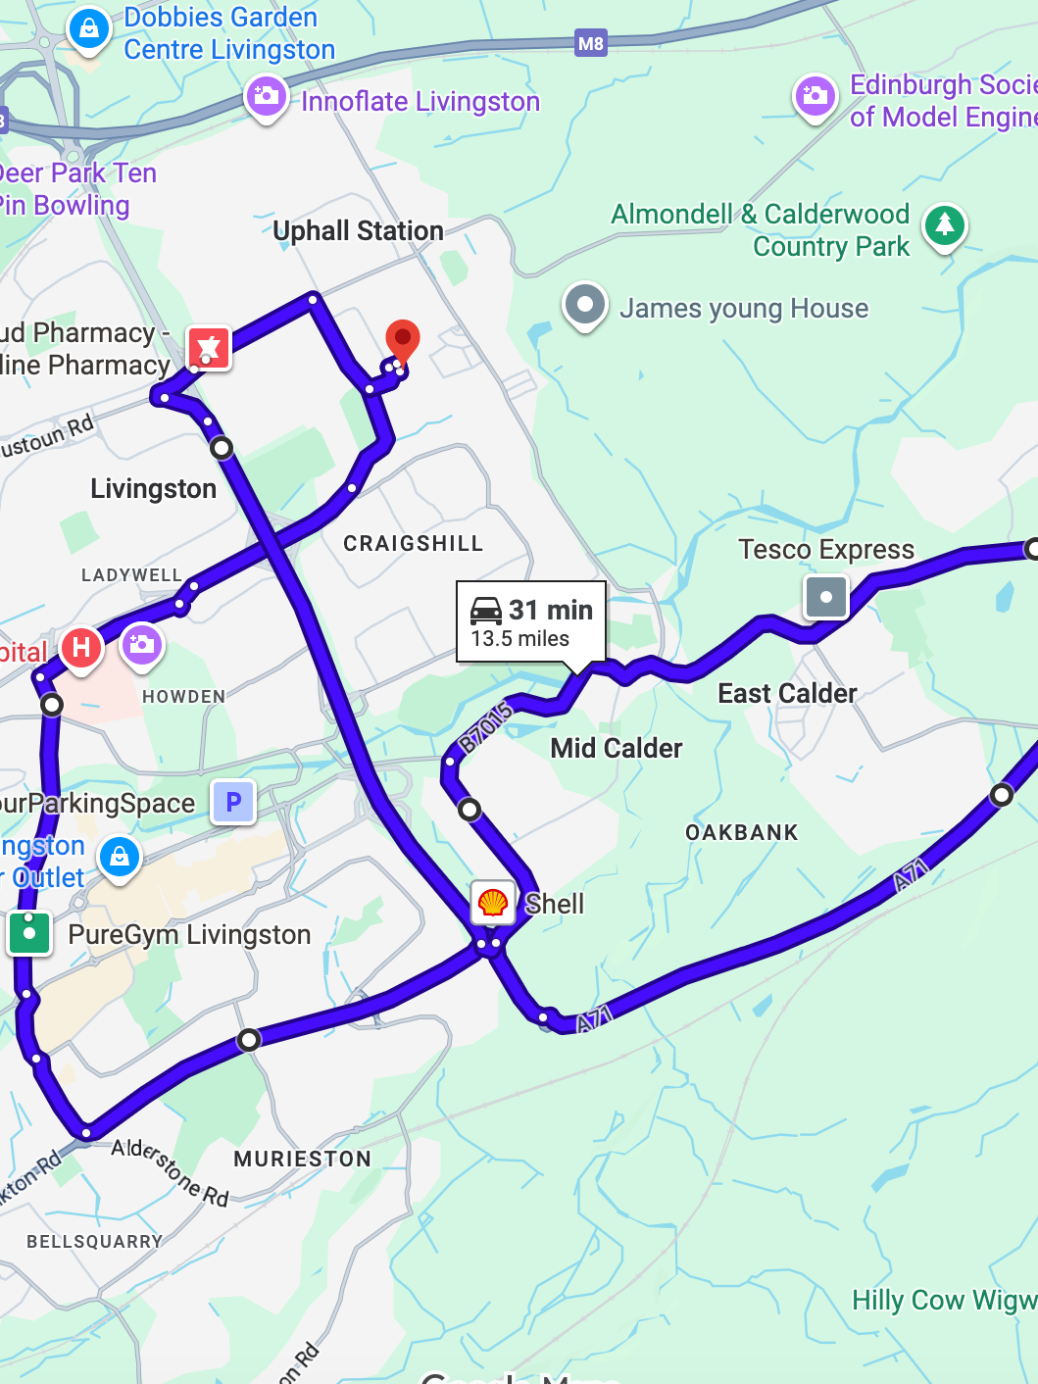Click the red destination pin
[x=402, y=340]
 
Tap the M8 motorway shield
[x=591, y=43]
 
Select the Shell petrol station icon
[x=493, y=902]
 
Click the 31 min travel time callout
[x=531, y=622]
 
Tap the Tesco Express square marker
[x=825, y=596]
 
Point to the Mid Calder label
[x=616, y=748]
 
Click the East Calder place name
[x=787, y=693]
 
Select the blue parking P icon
[x=233, y=802]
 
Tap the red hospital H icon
[x=81, y=647]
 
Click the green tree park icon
[x=945, y=225]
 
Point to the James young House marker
[x=585, y=305]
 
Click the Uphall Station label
[x=358, y=230]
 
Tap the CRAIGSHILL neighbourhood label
[x=413, y=543]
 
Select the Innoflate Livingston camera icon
[x=267, y=97]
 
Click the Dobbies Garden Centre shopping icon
[x=88, y=28]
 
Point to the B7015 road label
[x=486, y=726]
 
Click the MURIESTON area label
[x=302, y=1159]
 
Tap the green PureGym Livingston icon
[x=29, y=932]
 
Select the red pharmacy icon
[x=208, y=348]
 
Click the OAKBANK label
[x=741, y=832]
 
